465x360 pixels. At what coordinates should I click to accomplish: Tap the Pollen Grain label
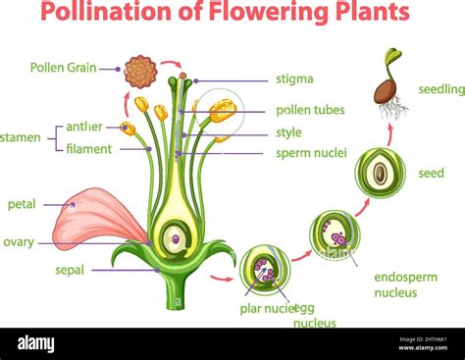(61, 68)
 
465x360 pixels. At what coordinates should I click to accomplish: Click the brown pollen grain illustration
(140, 71)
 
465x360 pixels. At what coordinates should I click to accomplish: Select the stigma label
(294, 79)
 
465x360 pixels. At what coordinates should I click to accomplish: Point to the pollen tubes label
(310, 110)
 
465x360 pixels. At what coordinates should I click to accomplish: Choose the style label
(288, 132)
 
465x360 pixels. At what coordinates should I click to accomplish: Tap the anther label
(84, 127)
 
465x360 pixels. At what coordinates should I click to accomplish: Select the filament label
(89, 149)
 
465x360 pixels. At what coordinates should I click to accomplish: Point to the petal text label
(22, 204)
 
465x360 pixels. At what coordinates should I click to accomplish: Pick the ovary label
(19, 241)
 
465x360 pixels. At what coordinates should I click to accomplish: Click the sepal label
(70, 269)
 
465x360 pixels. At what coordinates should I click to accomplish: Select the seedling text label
(440, 89)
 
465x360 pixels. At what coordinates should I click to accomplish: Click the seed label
(431, 173)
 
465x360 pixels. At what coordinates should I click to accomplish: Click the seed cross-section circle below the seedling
(379, 173)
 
